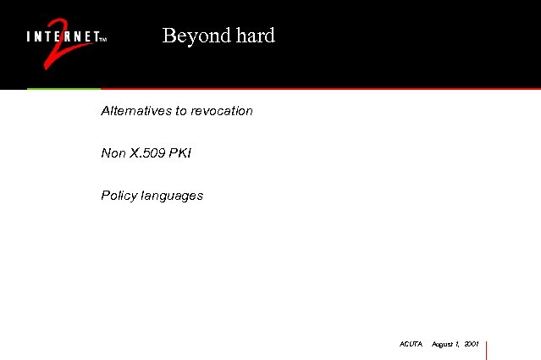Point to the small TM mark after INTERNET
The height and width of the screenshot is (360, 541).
pos(102,39)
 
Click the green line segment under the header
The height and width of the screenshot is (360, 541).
pos(63,88)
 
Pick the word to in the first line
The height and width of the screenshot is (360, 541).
pos(181,111)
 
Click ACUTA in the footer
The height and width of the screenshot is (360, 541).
pos(411,344)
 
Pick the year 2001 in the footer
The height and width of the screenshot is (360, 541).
pos(472,344)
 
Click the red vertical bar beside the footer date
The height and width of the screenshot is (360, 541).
pos(487,349)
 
